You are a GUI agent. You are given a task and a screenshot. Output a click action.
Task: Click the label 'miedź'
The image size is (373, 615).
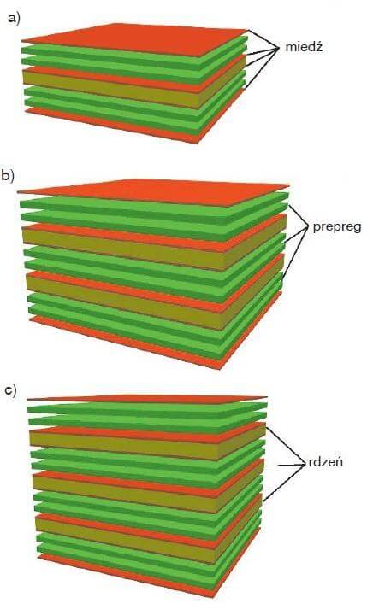304,47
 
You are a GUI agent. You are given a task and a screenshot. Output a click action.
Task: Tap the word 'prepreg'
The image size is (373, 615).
337,227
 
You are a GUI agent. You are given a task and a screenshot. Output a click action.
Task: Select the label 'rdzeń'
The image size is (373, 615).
325,461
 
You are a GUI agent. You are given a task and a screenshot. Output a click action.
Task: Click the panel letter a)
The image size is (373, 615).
14,19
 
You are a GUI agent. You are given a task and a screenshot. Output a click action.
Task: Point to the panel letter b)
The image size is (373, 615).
8,175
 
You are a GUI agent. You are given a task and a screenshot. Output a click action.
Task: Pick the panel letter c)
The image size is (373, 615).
11,390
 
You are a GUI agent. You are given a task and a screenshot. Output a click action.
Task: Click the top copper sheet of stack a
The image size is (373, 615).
133,38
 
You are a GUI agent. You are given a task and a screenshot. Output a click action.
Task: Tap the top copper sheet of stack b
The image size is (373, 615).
153,192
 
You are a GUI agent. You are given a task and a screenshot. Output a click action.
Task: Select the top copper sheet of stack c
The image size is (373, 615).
147,399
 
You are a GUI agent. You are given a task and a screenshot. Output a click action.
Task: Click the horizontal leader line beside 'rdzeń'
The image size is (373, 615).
286,466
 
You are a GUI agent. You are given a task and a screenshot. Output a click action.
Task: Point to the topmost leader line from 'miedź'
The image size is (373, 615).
262,38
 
